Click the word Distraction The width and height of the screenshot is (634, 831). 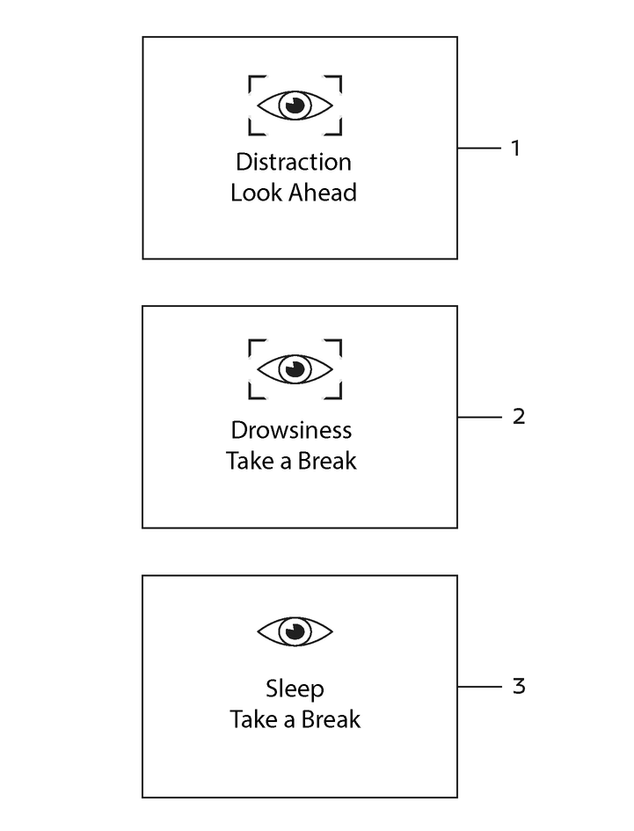pos(293,162)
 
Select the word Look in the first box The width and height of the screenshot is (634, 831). pos(256,193)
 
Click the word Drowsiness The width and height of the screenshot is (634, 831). pos(291,430)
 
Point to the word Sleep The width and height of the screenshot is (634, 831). pos(295,689)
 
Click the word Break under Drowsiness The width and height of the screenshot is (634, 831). pos(327,461)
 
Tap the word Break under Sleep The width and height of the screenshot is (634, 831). pos(331,719)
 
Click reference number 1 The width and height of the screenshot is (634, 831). pos(515,149)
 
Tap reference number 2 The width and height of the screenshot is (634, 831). pos(519,417)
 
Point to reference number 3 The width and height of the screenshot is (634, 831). pos(519,686)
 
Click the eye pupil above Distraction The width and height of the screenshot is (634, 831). pos(295,106)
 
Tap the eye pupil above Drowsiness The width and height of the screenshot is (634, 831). pos(295,368)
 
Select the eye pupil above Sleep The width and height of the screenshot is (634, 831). pos(295,631)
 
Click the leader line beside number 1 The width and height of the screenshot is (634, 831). pos(479,149)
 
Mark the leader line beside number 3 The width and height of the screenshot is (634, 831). pos(479,687)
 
